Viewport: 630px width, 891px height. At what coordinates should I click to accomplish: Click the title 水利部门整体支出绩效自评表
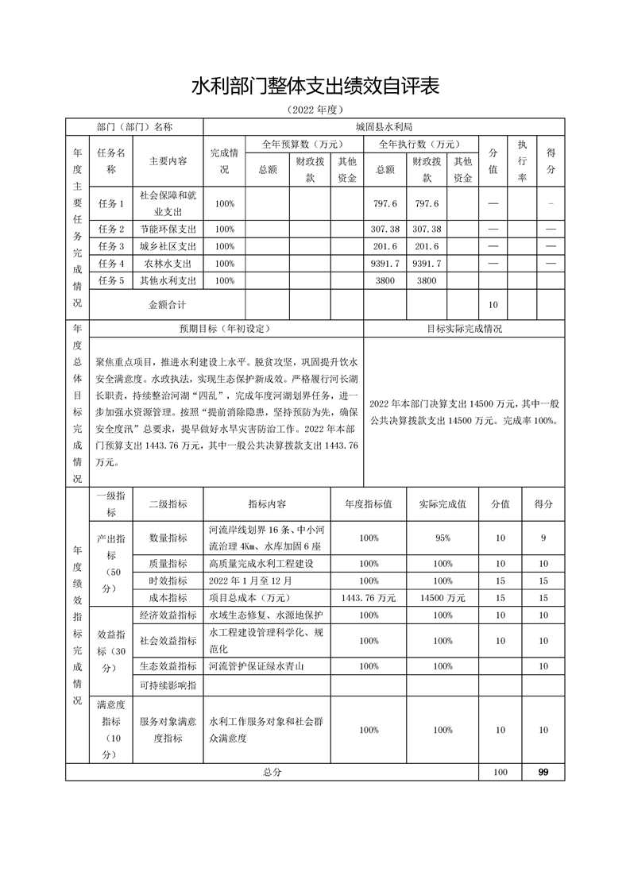(x=315, y=86)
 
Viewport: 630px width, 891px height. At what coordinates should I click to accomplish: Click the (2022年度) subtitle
(x=315, y=110)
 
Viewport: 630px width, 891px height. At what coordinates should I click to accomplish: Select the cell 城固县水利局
(x=385, y=126)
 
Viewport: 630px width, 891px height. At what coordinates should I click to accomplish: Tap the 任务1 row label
(x=111, y=204)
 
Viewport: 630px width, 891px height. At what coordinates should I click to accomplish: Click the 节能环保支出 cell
(x=168, y=229)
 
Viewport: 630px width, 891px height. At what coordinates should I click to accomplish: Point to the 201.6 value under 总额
(x=385, y=246)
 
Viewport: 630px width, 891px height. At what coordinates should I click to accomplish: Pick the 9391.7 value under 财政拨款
(x=427, y=263)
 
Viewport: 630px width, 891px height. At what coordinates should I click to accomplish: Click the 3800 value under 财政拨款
(x=427, y=280)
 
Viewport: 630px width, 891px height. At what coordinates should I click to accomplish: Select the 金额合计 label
(x=168, y=304)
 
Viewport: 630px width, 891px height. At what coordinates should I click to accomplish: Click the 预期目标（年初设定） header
(x=226, y=328)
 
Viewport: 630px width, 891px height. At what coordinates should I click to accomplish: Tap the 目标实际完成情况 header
(x=464, y=328)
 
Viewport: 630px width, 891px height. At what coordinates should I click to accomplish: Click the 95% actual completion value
(x=443, y=538)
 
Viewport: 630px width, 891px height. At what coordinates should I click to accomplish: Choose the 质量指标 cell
(x=168, y=563)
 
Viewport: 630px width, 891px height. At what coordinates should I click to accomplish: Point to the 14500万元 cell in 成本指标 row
(x=443, y=597)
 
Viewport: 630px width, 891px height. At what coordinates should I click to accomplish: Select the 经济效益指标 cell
(x=168, y=615)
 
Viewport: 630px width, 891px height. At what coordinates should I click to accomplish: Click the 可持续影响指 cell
(x=168, y=685)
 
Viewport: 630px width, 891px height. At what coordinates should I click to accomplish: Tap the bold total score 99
(x=543, y=772)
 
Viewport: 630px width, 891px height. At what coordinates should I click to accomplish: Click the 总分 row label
(x=272, y=772)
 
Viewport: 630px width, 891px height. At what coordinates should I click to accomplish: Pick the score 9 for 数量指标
(x=543, y=538)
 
